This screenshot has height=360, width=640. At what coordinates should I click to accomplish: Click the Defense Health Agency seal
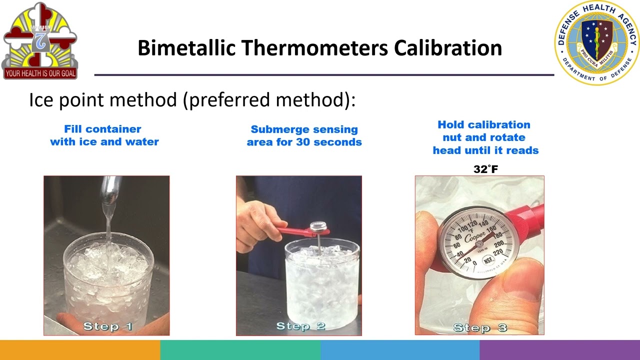[596, 42]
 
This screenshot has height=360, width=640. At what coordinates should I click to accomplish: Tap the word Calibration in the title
[447, 48]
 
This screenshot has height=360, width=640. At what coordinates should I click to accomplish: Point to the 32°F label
[485, 169]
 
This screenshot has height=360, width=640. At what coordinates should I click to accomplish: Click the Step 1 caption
[107, 326]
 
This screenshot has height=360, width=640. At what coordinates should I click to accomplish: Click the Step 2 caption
[300, 326]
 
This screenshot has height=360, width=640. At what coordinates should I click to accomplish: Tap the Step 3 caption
[480, 328]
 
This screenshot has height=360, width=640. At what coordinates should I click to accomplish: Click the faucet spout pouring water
[110, 190]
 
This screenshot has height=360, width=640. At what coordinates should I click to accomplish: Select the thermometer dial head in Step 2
[318, 227]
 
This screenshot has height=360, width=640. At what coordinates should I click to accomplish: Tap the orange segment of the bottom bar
[80, 350]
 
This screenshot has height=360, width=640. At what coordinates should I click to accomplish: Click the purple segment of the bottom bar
[559, 350]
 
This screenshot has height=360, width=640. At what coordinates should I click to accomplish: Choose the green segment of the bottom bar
[240, 350]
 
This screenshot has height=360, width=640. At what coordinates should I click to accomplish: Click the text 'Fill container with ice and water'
[104, 135]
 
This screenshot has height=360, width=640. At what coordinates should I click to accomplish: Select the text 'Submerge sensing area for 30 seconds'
[304, 135]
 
